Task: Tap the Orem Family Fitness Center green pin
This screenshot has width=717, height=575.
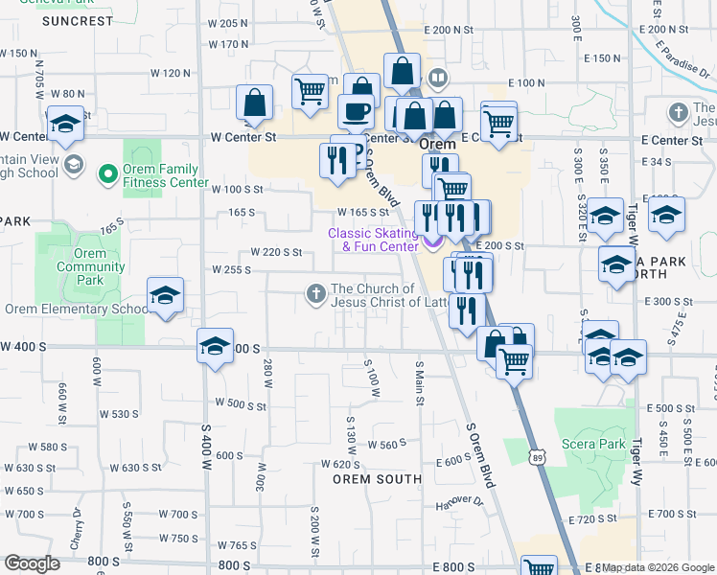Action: (x=107, y=172)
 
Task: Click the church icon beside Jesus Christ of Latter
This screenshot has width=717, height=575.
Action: (x=316, y=293)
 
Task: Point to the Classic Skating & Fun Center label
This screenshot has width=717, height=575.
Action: (x=374, y=240)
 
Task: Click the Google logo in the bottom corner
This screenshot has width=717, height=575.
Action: (x=32, y=563)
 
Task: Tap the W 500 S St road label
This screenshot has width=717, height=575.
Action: (x=240, y=404)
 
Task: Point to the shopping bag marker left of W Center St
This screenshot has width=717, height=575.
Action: (x=254, y=102)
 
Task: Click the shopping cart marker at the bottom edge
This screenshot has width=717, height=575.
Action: (x=540, y=566)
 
